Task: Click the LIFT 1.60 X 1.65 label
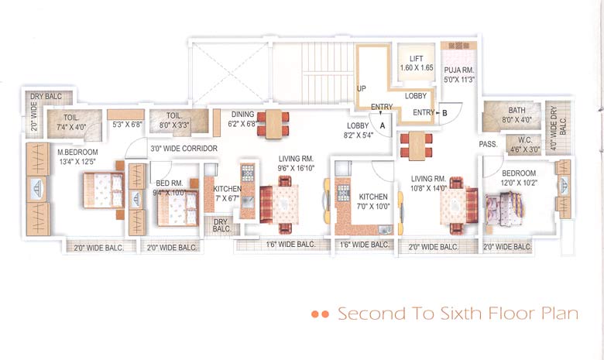[x=416, y=63]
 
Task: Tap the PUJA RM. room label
[x=458, y=74]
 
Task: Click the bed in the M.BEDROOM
[x=102, y=190]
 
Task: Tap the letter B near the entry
[x=444, y=113]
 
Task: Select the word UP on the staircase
[x=361, y=89]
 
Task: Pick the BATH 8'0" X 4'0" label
[x=516, y=115]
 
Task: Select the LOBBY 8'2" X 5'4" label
[x=358, y=129]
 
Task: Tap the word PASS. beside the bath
[x=488, y=145]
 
